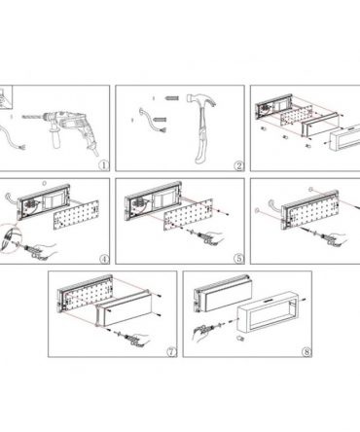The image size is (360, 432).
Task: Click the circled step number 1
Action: pos(104,165)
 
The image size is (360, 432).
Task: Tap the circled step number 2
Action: pos(239,165)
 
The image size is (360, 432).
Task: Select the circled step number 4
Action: pos(104,259)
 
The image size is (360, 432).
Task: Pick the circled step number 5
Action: pos(239,259)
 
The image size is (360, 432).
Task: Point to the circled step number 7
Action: pos(171,351)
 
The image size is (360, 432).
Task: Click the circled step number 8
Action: pos(306,351)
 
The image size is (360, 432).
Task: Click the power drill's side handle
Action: pos(55,139)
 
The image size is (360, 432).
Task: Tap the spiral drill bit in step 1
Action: pos(32,117)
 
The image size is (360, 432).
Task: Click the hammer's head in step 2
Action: pos(201,99)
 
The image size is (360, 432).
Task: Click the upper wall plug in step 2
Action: pos(172,97)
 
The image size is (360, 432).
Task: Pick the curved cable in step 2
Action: pos(152,121)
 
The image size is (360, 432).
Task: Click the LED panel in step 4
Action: pos(76,215)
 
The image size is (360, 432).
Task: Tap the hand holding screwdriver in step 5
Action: pos(215,239)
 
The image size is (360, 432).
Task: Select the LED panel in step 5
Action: pos(188,214)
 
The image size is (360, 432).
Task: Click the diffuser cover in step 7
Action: pos(124,308)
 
